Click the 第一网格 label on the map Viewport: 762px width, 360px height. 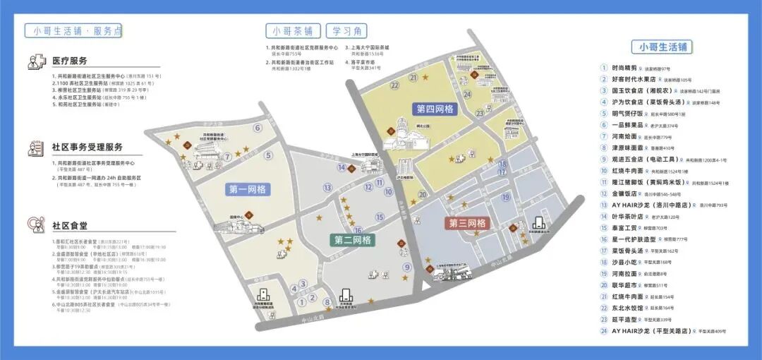(x=247, y=189)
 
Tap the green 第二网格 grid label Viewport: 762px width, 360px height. (x=353, y=240)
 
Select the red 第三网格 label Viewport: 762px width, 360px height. (x=468, y=223)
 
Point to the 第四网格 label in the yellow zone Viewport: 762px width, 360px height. (x=435, y=109)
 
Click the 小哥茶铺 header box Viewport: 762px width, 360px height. (x=294, y=31)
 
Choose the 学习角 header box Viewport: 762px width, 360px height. (x=346, y=31)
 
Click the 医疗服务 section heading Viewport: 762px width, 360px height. (x=70, y=61)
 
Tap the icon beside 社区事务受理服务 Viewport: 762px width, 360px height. (x=36, y=148)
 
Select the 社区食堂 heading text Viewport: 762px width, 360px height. (x=70, y=225)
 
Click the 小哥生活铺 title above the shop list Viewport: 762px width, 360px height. (x=663, y=47)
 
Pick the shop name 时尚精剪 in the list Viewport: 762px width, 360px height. (x=624, y=68)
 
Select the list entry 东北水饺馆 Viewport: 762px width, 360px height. (x=627, y=307)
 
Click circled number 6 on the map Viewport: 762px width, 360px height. (x=258, y=128)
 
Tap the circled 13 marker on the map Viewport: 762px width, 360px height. (x=328, y=188)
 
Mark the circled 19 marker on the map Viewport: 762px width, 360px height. (x=506, y=197)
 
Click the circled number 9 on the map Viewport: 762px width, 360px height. (x=407, y=267)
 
